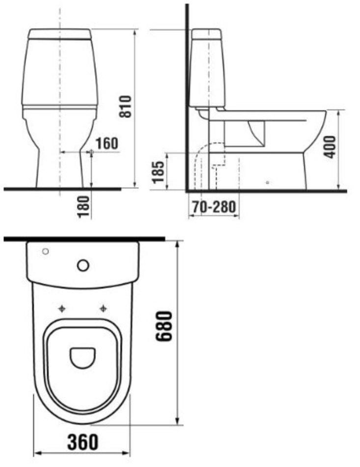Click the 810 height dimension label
point(125,106)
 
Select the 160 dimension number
point(107,143)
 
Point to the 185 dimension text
point(158,172)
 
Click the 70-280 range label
point(214,206)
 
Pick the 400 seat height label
point(330,147)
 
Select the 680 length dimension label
point(164,326)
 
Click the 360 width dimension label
point(83,442)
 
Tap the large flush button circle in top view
point(83,265)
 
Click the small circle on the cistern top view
point(46,251)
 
